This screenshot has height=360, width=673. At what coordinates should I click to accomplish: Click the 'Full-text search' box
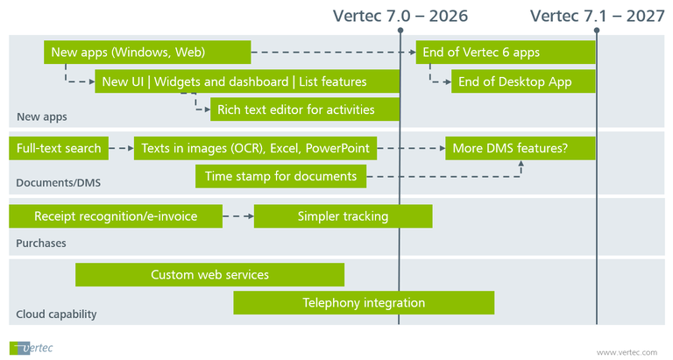point(59,149)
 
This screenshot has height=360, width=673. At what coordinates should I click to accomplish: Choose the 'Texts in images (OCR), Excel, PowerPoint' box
point(255,149)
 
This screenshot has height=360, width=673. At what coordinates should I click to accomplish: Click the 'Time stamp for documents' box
point(280,177)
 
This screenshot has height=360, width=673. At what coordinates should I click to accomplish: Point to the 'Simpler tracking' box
point(343,216)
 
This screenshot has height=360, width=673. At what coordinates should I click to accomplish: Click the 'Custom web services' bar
point(209,275)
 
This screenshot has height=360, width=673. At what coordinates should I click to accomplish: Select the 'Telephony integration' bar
point(364,303)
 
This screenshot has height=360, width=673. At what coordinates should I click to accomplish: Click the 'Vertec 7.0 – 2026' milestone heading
point(400,16)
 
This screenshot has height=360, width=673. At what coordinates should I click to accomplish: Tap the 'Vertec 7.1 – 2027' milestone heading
point(597,16)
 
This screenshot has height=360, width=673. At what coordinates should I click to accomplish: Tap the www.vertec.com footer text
point(626,351)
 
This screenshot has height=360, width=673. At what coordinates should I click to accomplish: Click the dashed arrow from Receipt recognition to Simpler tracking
point(237,216)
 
